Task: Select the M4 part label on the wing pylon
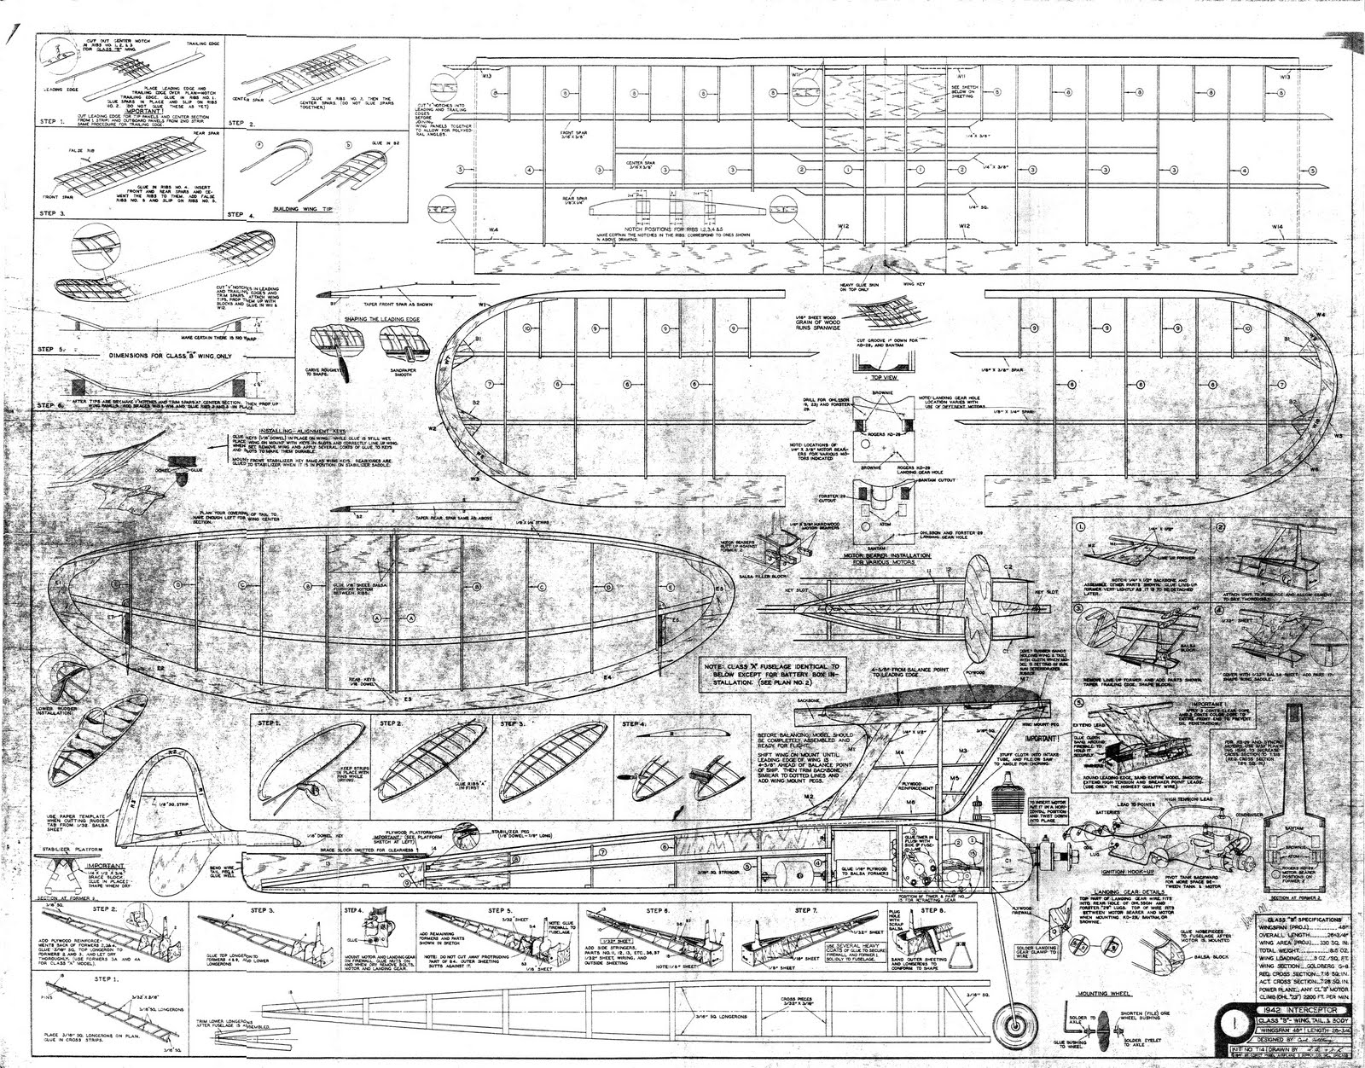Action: point(898,751)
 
